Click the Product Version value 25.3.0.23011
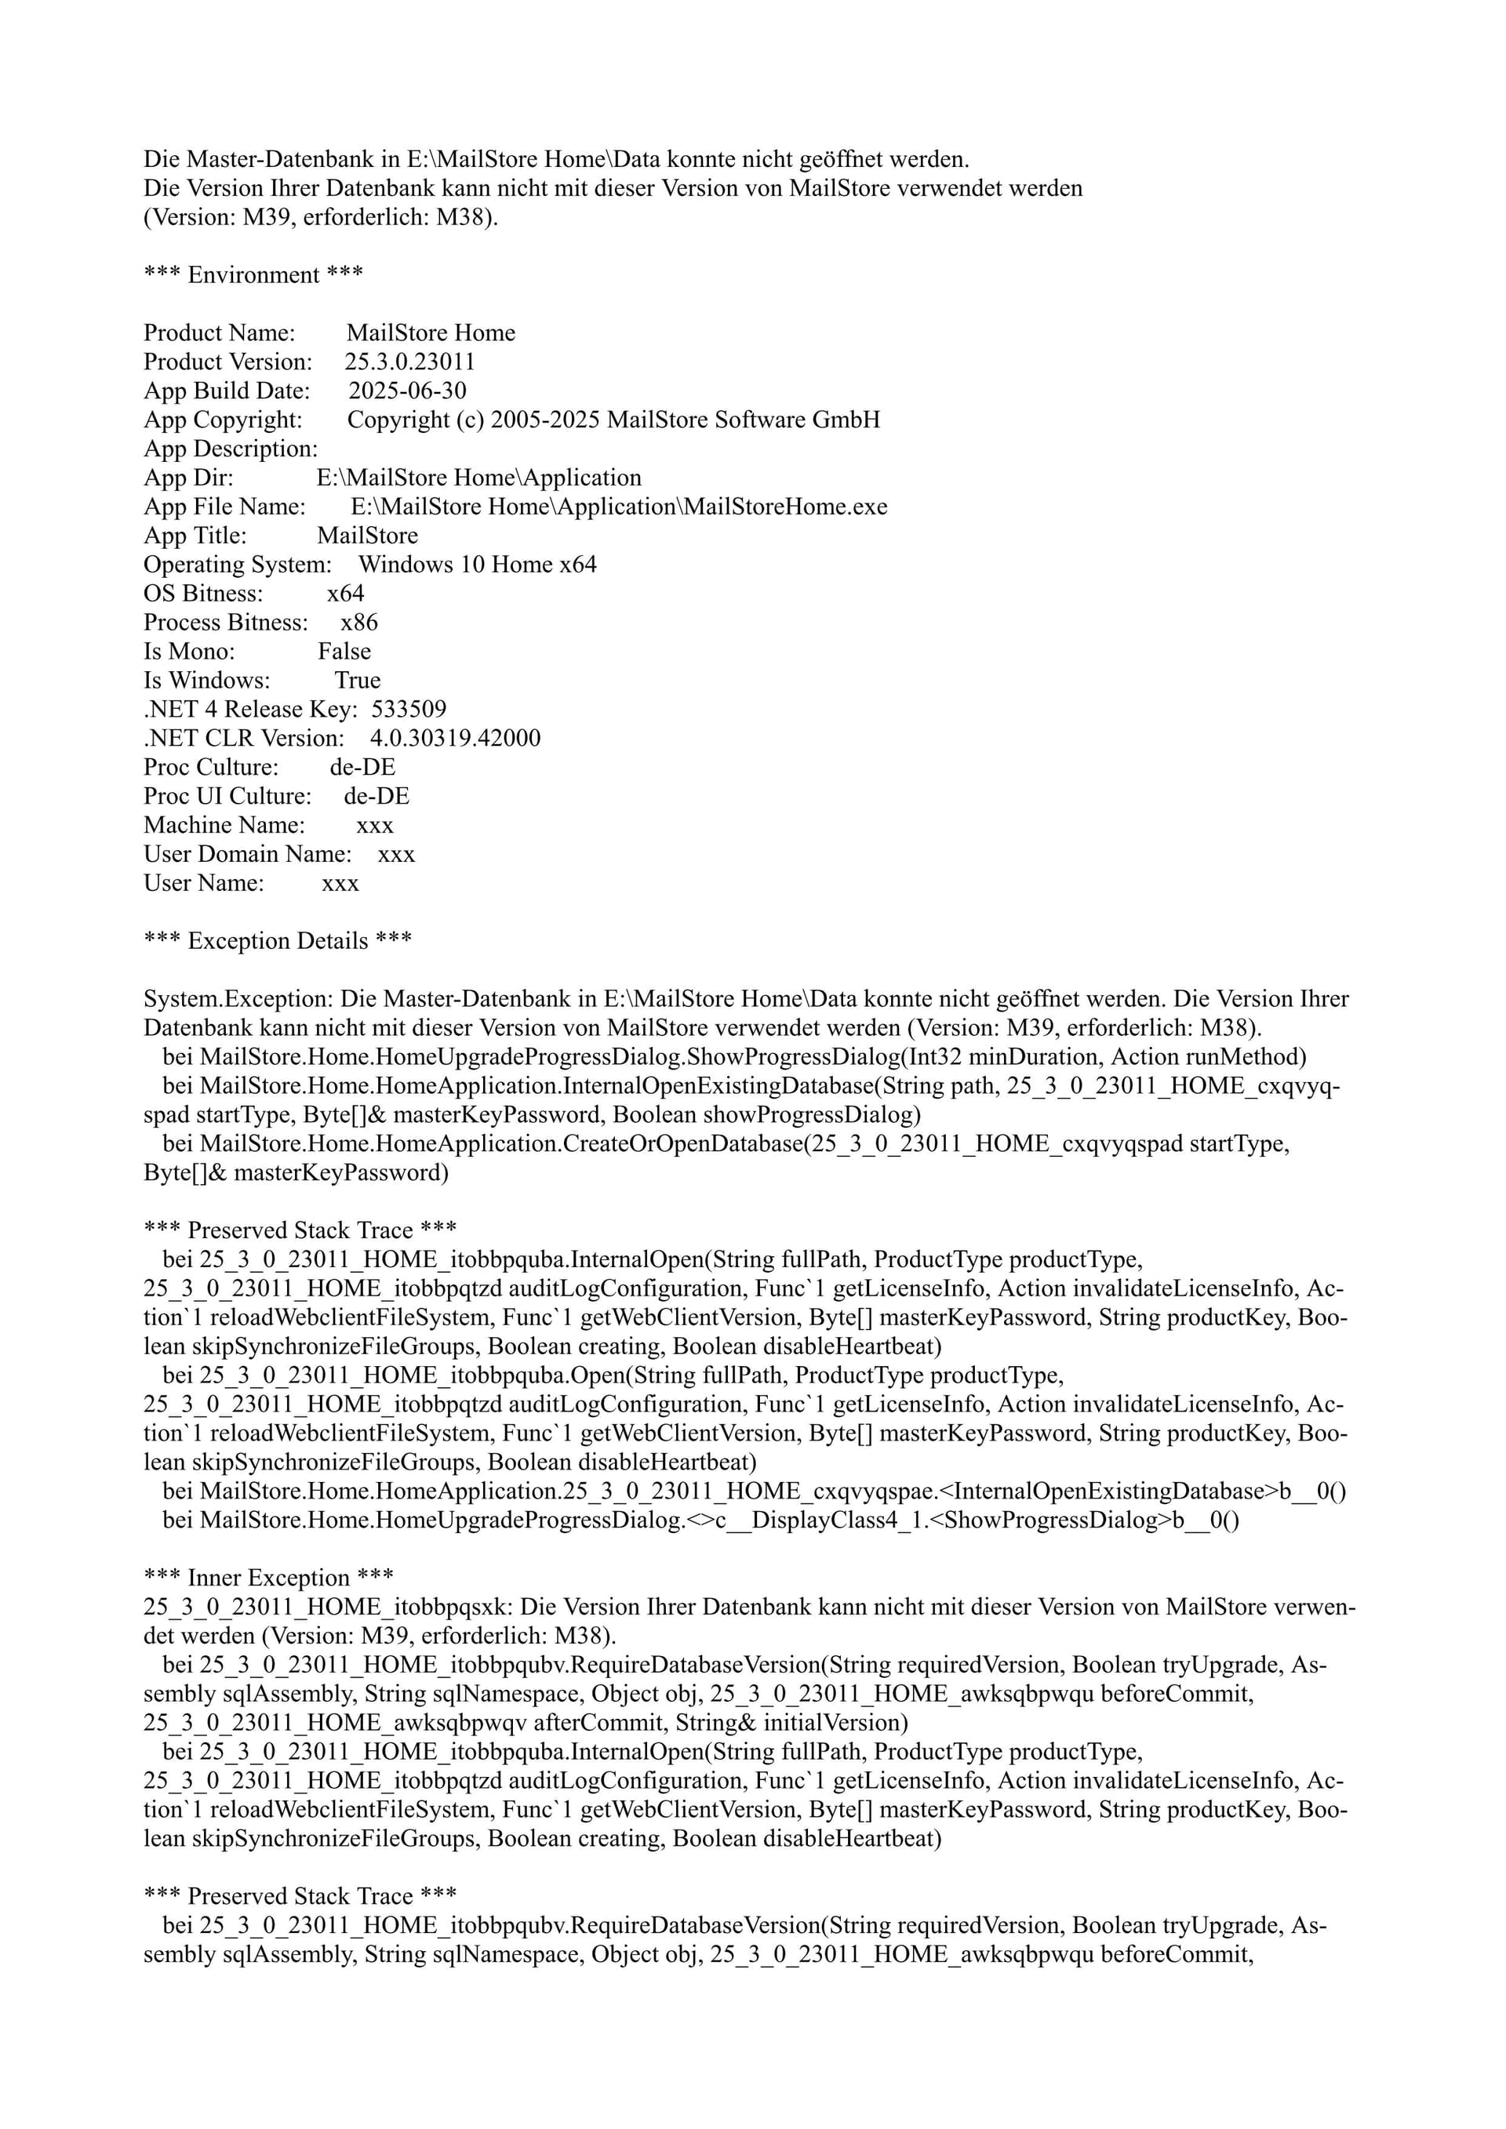click(410, 361)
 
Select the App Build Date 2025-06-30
click(407, 391)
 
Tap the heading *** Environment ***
click(253, 274)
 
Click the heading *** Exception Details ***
click(277, 940)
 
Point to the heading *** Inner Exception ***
click(269, 1577)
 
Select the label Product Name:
click(219, 333)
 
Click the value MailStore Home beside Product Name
click(431, 333)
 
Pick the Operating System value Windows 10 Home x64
click(478, 564)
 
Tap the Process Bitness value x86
click(359, 622)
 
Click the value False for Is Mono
click(344, 651)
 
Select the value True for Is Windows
click(358, 680)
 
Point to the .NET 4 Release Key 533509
click(409, 710)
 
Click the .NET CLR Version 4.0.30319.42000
click(455, 738)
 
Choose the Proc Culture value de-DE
click(362, 767)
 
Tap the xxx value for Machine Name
click(375, 825)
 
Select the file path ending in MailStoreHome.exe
click(619, 507)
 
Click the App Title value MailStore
click(367, 535)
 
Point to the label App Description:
click(230, 449)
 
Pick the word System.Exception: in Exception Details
click(238, 999)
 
